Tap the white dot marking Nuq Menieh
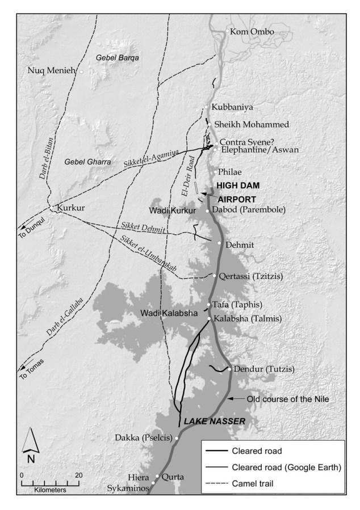coord(81,71)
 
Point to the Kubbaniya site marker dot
coord(207,108)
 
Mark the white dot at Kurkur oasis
coord(52,208)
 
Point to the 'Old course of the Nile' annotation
coord(288,399)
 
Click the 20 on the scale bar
coord(78,475)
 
